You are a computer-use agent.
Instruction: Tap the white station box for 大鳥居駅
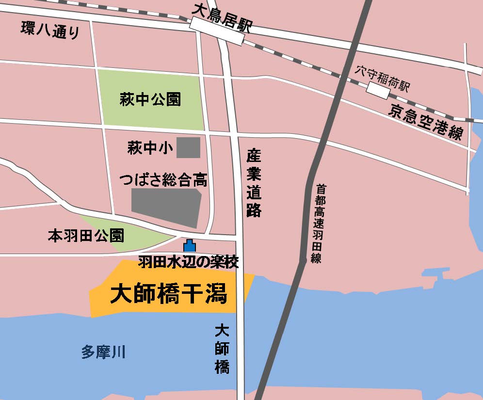click(216, 32)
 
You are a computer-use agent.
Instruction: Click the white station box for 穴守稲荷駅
click(378, 90)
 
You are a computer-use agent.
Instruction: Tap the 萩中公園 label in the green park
click(150, 100)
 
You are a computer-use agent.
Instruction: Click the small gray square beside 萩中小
click(188, 147)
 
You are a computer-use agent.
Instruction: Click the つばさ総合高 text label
click(163, 180)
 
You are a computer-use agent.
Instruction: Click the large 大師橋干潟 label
click(169, 294)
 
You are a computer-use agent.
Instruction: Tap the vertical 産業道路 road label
click(254, 183)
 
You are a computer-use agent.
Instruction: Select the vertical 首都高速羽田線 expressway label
click(318, 223)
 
